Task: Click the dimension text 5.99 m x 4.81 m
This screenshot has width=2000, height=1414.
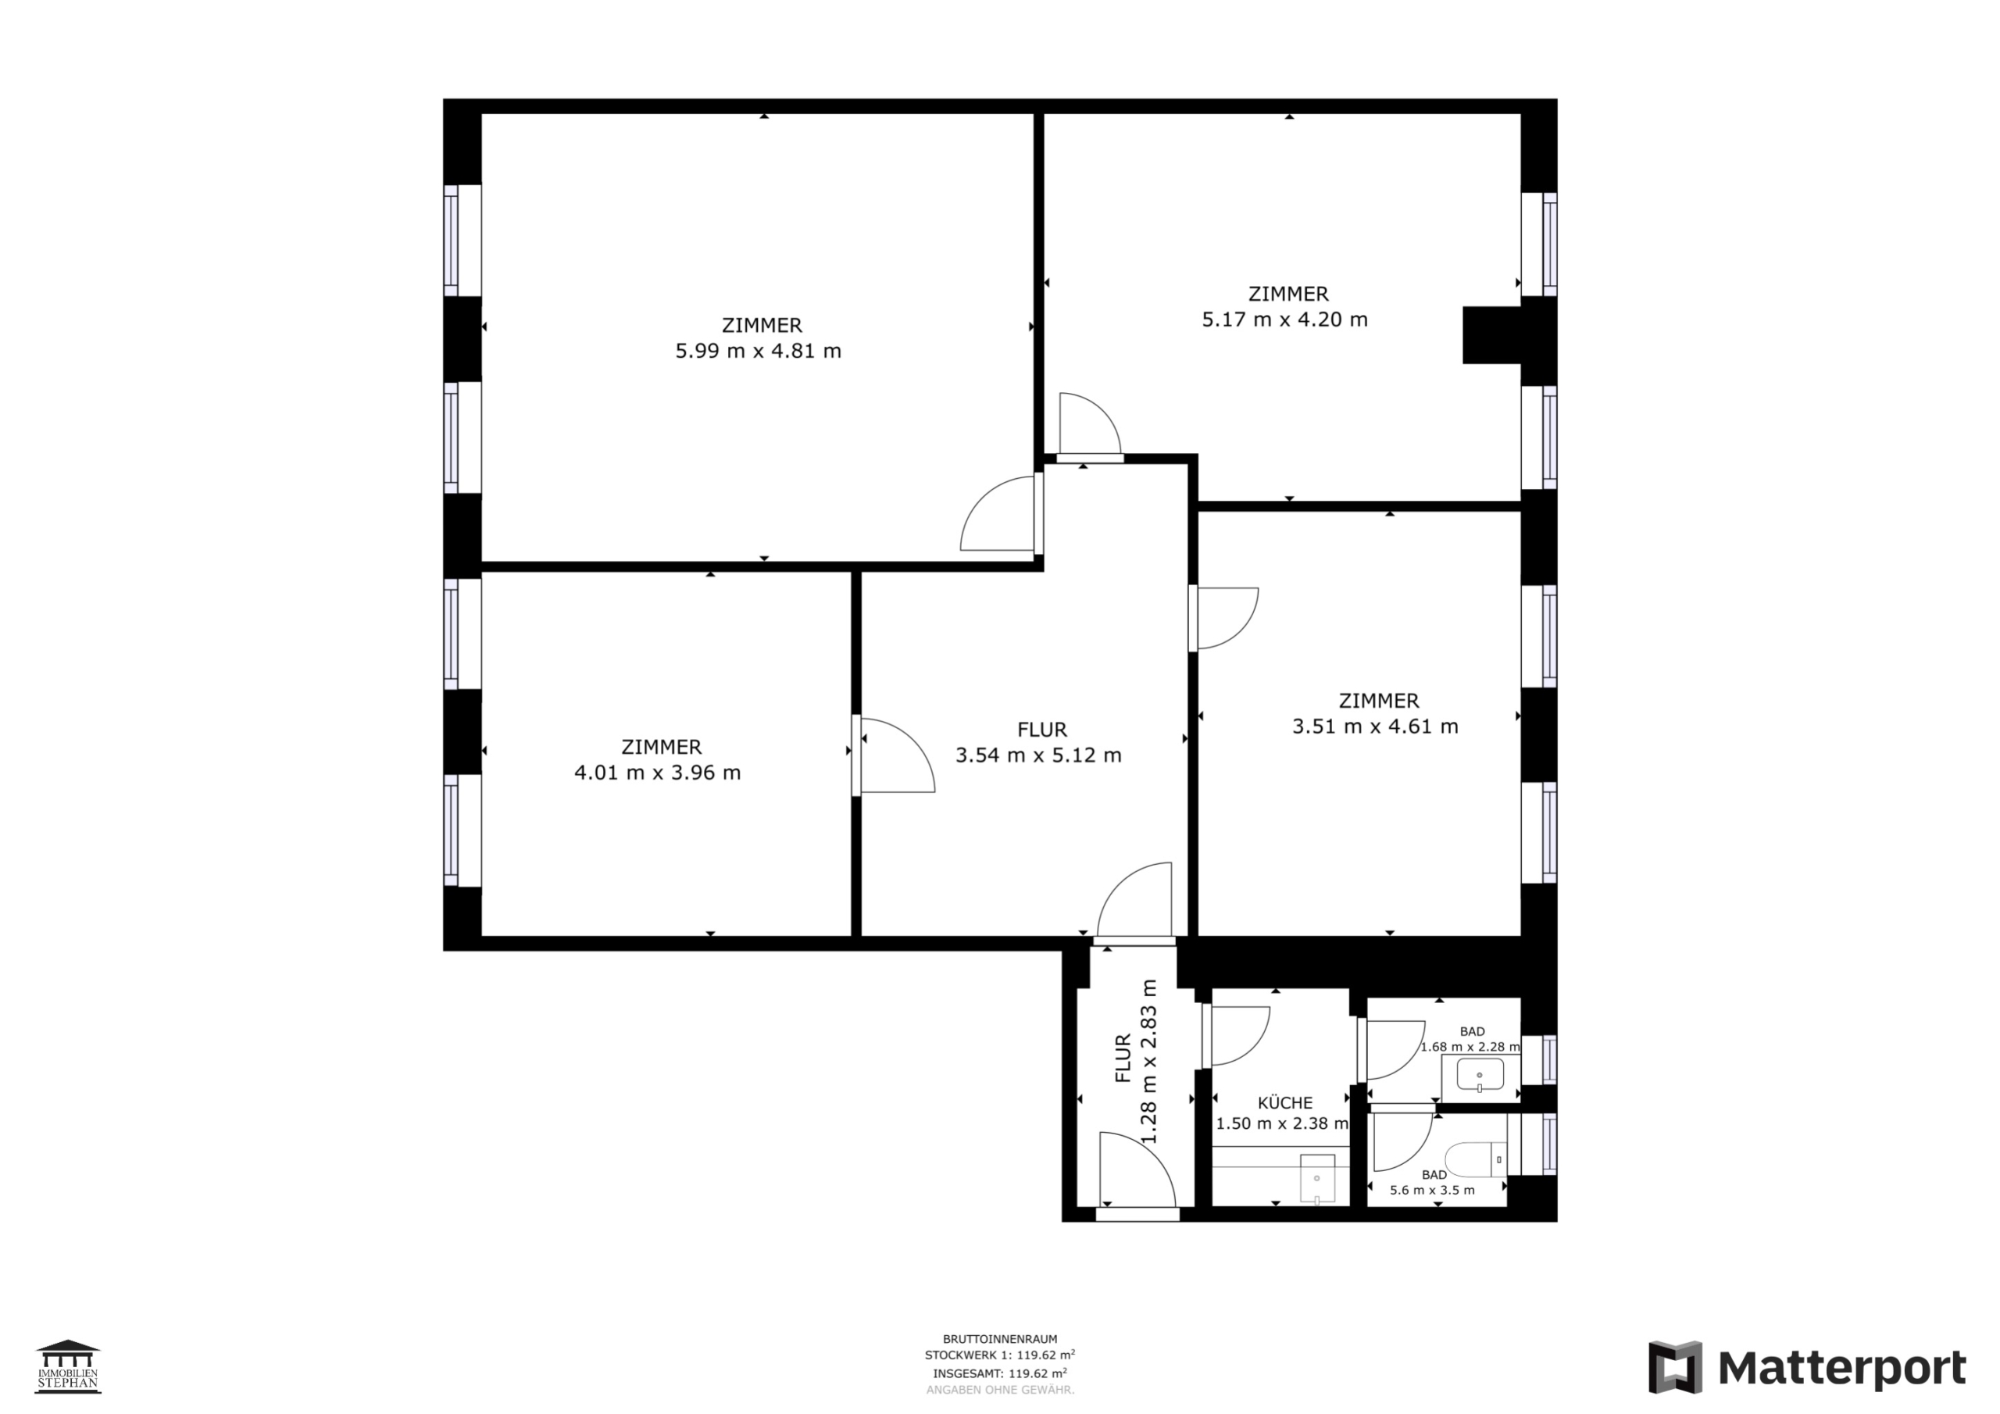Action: [758, 351]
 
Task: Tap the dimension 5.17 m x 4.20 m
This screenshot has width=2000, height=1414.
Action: [1285, 320]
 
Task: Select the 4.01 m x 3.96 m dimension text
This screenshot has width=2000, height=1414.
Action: [658, 773]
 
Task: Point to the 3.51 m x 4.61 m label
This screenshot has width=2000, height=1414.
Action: [1374, 727]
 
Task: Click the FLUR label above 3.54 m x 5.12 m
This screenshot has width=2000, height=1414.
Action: [1042, 729]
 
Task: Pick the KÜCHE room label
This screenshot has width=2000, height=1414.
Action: [1285, 1103]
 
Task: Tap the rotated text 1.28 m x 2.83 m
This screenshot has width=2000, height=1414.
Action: [1149, 1061]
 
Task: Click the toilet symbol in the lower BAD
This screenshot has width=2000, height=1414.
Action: [1476, 1159]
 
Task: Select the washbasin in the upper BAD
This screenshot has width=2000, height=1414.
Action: [1480, 1074]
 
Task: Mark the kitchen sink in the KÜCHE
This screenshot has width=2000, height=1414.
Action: [1316, 1179]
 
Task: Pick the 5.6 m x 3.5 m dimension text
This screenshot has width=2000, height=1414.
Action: [1432, 1190]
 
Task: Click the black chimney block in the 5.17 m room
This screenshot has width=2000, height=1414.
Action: [1491, 334]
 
